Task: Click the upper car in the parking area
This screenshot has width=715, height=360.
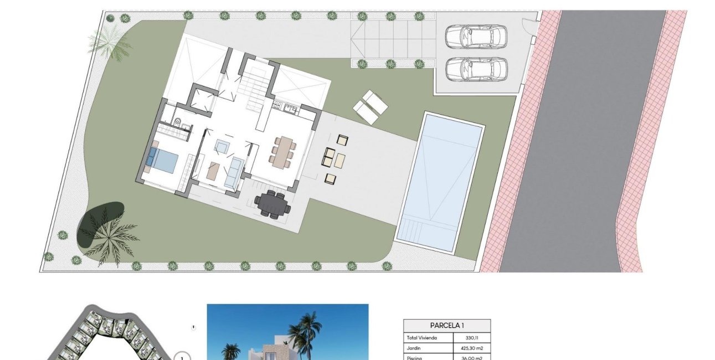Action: coord(476,37)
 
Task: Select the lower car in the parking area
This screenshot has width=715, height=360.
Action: coord(476,69)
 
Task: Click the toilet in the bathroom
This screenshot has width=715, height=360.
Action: coord(177,122)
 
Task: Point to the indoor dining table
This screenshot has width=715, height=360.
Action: coord(284,150)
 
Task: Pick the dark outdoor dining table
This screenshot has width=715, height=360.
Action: coord(272,203)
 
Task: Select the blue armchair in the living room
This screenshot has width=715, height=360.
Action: coord(223,146)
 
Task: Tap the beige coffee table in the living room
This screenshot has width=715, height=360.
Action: coord(213,171)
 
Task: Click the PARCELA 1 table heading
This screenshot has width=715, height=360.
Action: coord(446,325)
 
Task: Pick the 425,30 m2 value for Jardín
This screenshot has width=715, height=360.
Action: coord(471,348)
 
